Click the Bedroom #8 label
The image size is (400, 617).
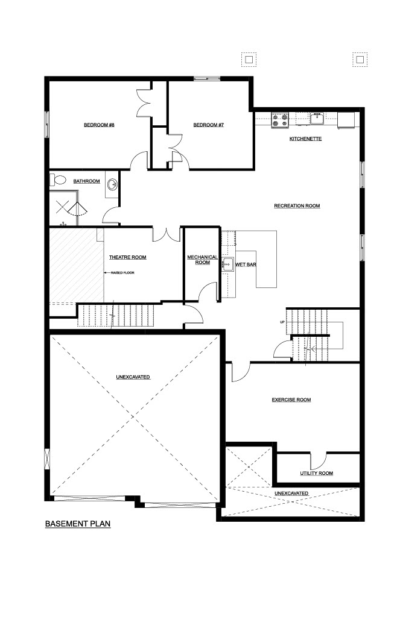coord(99,125)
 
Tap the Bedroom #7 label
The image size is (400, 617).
coord(209,125)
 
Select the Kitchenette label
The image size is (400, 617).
coord(305,139)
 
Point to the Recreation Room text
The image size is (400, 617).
coord(297,206)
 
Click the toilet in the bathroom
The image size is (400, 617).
coord(57,180)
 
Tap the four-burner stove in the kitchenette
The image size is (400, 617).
coord(280,120)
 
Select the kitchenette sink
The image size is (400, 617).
coord(317,118)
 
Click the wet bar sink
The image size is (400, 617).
coord(227,264)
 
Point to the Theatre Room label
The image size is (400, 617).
coord(128,257)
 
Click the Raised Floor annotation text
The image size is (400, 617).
coord(122,273)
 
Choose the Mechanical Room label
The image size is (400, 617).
coord(202,260)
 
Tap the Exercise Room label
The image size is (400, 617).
coord(291,400)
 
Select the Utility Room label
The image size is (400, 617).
coord(317,474)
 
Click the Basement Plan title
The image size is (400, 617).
coord(78,524)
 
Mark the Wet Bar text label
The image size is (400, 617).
coord(246,265)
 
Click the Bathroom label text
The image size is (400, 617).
coord(86,181)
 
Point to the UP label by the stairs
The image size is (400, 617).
coord(282,322)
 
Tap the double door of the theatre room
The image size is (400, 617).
coord(167,234)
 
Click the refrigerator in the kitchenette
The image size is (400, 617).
coord(346,121)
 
